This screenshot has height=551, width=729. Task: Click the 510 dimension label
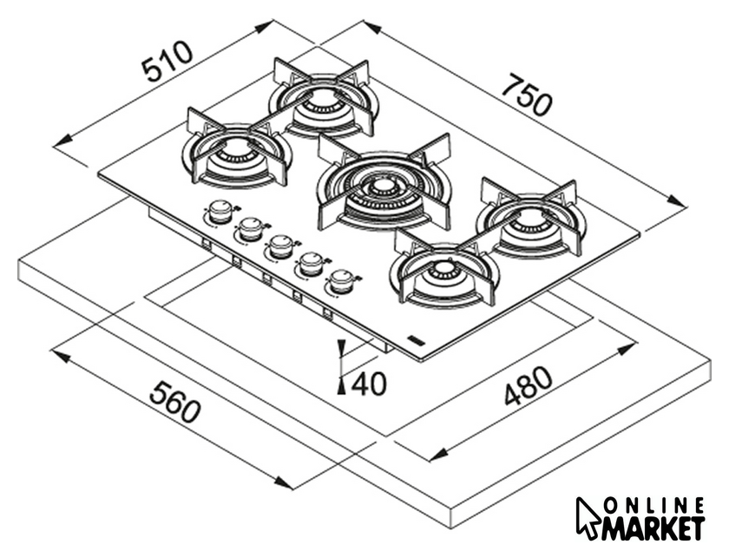point(168,62)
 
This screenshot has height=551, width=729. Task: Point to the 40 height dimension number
point(370,383)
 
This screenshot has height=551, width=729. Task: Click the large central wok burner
point(382,186)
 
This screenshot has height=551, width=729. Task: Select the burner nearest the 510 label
point(236,156)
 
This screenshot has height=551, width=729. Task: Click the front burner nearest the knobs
point(443,270)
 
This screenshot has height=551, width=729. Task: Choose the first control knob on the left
point(221,210)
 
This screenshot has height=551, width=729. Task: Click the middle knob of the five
point(279,246)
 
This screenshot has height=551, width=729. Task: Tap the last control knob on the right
point(341,280)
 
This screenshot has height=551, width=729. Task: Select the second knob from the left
point(251,228)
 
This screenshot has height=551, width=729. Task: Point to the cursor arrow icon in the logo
point(588,517)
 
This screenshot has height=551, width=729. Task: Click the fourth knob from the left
point(310,262)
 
